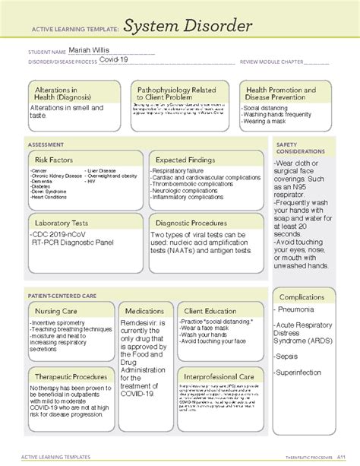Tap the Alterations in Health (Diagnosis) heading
pos(64,94)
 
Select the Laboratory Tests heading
pos(64,223)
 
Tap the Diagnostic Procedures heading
pos(191,223)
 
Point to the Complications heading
pos(302,296)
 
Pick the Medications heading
pos(145,311)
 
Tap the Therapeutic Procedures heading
pos(70,376)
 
